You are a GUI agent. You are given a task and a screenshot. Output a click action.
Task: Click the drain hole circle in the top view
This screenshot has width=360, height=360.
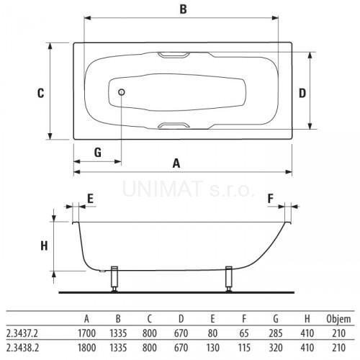(122, 92)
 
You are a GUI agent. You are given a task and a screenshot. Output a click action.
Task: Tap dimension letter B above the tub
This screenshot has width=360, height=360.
(183, 9)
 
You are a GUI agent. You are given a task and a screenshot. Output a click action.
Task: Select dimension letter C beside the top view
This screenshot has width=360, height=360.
(41, 93)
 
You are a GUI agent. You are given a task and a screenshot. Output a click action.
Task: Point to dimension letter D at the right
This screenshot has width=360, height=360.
(302, 93)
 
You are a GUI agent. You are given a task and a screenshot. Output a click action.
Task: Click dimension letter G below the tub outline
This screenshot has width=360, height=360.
(98, 153)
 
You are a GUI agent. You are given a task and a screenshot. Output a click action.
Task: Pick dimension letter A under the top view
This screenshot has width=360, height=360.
(176, 163)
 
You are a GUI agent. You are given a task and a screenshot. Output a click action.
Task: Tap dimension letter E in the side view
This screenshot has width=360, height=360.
(90, 199)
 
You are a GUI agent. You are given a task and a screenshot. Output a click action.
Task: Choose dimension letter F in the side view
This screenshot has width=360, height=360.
(271, 199)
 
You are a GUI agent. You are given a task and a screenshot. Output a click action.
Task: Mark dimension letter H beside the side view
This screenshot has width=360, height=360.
(44, 246)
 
